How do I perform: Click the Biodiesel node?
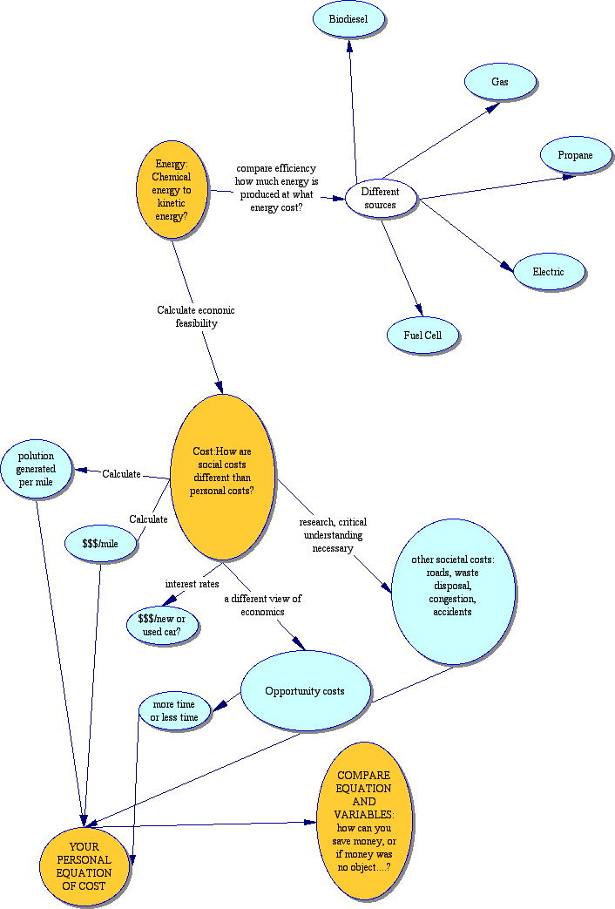pyautogui.click(x=349, y=19)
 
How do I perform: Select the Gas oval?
pyautogui.click(x=499, y=82)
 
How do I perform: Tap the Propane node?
pyautogui.click(x=574, y=155)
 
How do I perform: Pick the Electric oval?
pyautogui.click(x=549, y=272)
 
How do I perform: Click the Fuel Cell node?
pyautogui.click(x=423, y=336)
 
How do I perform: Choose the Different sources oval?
pyautogui.click(x=380, y=199)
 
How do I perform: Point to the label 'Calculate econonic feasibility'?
pyautogui.click(x=196, y=316)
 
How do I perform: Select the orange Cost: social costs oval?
pyautogui.click(x=223, y=477)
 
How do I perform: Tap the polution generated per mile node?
pyautogui.click(x=37, y=469)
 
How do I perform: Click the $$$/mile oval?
pyautogui.click(x=100, y=544)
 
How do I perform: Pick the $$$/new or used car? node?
pyautogui.click(x=163, y=625)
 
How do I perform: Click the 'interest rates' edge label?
pyautogui.click(x=192, y=583)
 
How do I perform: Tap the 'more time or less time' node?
pyautogui.click(x=175, y=710)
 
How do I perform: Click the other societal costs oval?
pyautogui.click(x=453, y=592)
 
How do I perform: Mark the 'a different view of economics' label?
pyautogui.click(x=262, y=605)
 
